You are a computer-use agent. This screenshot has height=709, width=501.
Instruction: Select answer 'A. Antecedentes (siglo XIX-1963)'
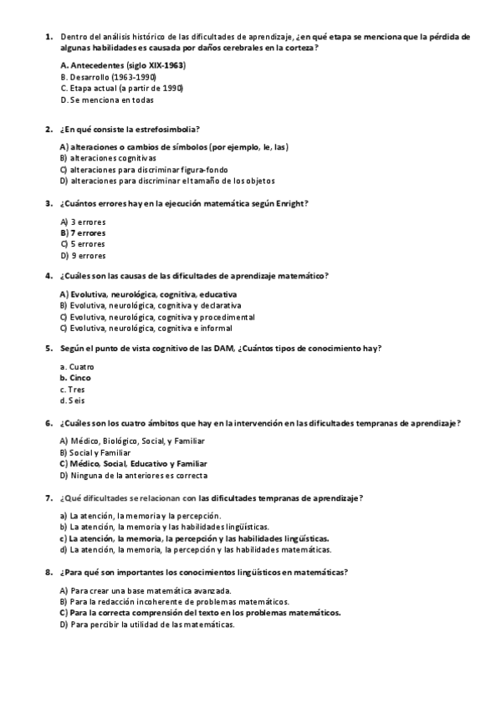pos(123,64)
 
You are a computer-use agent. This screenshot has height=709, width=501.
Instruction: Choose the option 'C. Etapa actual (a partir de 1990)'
pos(122,88)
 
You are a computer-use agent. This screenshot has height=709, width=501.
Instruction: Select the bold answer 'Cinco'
pos(80,378)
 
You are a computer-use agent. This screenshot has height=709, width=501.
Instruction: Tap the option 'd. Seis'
pos(73,400)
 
